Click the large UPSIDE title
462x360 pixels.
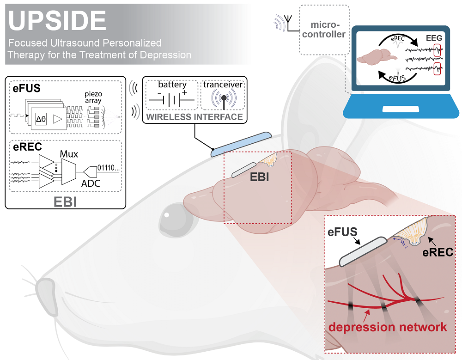point(58,21)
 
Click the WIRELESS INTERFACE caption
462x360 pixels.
point(195,117)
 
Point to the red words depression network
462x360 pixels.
point(388,327)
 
